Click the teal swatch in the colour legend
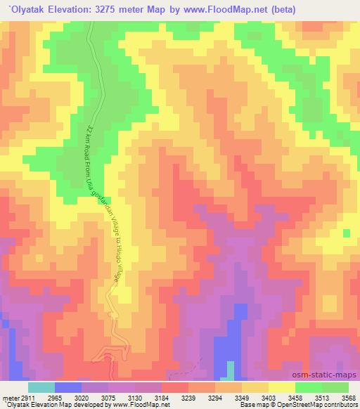click(41, 387)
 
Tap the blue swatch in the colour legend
click(68, 387)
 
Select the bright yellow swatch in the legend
click(282, 387)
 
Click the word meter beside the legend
click(11, 398)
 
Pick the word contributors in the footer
click(338, 405)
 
